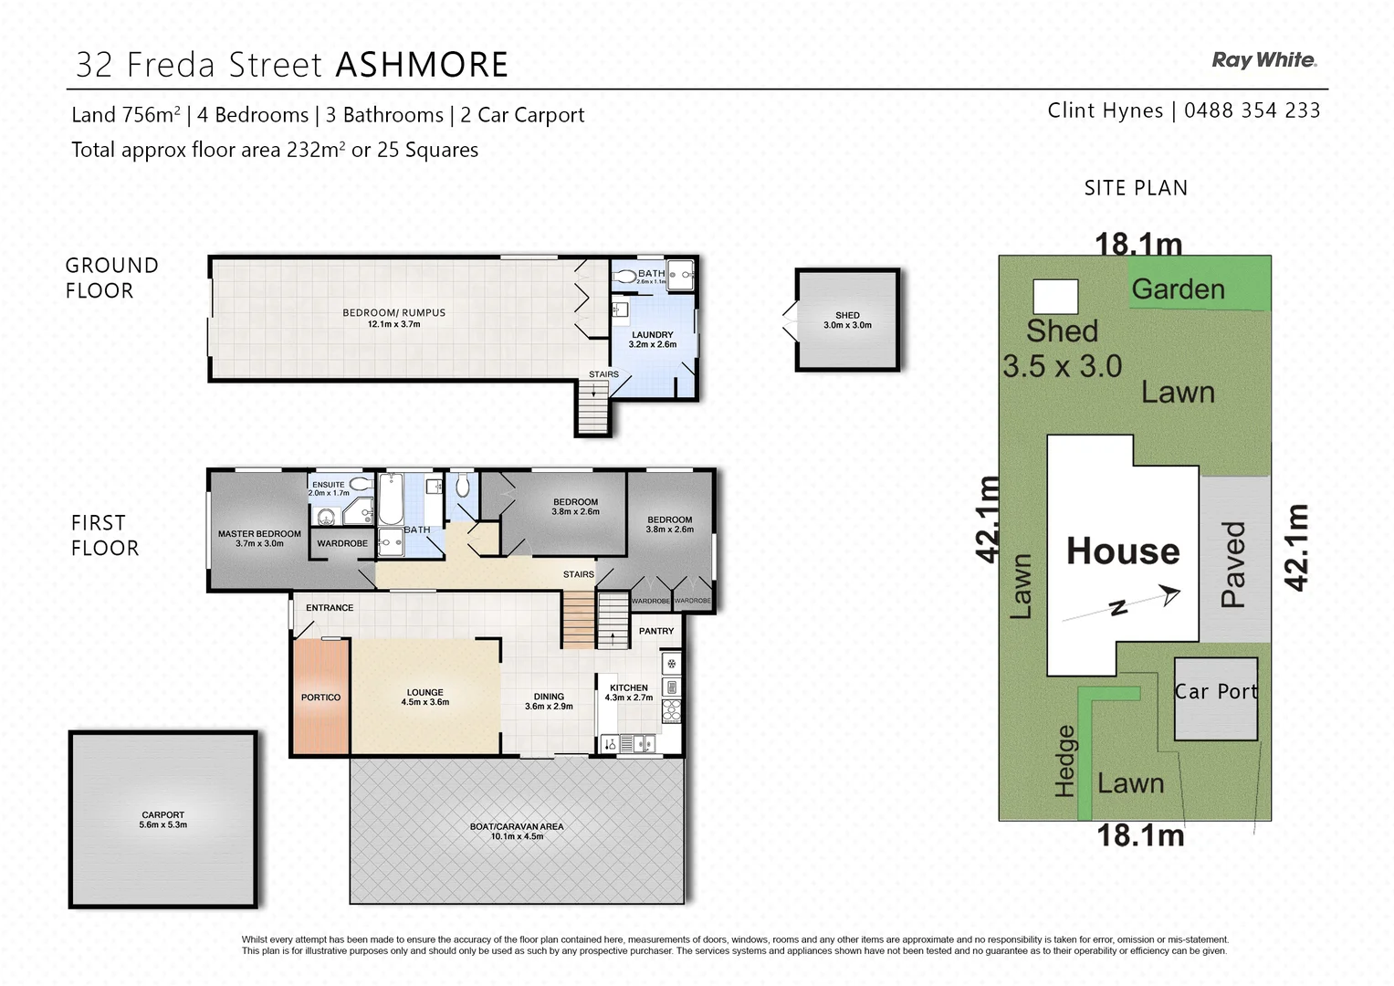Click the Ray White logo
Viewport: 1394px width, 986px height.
click(x=1263, y=60)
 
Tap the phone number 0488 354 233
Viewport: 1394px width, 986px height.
click(x=1252, y=110)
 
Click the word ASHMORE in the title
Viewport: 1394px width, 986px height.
click(x=422, y=65)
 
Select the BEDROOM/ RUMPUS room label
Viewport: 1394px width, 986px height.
click(x=393, y=318)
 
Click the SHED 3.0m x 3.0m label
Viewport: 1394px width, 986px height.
click(x=847, y=320)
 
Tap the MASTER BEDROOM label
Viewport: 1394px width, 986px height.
click(x=259, y=539)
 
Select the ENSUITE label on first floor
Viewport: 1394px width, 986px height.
click(x=329, y=485)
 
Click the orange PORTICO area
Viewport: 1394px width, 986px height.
click(x=320, y=698)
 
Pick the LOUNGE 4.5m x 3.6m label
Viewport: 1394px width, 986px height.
click(x=425, y=698)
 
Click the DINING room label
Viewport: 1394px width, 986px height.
click(x=549, y=701)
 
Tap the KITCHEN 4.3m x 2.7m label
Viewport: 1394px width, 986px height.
click(x=629, y=692)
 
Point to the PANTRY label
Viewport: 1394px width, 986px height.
click(x=656, y=631)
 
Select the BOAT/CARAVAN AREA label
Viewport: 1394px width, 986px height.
click(x=517, y=831)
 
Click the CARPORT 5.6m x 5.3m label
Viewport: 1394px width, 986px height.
click(x=163, y=820)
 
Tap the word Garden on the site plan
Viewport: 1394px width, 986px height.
click(x=1178, y=289)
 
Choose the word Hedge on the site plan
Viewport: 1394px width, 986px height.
click(x=1064, y=760)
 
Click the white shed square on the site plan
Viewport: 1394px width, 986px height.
click(x=1055, y=297)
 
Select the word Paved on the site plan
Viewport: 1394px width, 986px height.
click(x=1233, y=564)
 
